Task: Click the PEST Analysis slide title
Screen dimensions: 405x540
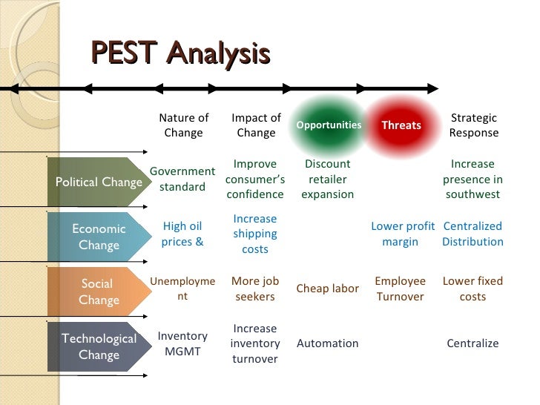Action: pyautogui.click(x=180, y=54)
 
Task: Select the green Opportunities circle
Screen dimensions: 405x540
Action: pyautogui.click(x=329, y=125)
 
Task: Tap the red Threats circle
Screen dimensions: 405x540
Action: pyautogui.click(x=401, y=125)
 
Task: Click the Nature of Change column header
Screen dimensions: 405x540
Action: pyautogui.click(x=183, y=125)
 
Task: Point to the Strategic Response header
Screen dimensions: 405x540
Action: pyautogui.click(x=473, y=125)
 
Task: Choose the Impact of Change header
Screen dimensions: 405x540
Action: pyautogui.click(x=256, y=125)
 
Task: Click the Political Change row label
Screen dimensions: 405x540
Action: pyautogui.click(x=98, y=182)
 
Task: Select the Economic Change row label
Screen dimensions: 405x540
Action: pyautogui.click(x=98, y=237)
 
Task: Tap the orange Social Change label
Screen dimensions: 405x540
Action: pyautogui.click(x=98, y=292)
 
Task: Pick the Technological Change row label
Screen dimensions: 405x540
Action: pyautogui.click(x=98, y=346)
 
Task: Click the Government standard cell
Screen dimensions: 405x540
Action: pyautogui.click(x=182, y=179)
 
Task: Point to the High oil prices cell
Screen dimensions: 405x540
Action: pyautogui.click(x=182, y=234)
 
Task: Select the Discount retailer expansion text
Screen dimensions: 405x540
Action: pyautogui.click(x=327, y=179)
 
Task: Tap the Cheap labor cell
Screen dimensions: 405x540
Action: pyautogui.click(x=327, y=289)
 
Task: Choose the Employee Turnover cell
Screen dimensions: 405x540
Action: pyautogui.click(x=401, y=289)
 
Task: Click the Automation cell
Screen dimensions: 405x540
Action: pyautogui.click(x=327, y=343)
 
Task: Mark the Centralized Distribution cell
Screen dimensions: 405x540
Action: pyautogui.click(x=472, y=234)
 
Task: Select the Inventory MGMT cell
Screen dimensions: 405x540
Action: pyautogui.click(x=182, y=343)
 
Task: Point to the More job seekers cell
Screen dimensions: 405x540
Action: pyautogui.click(x=255, y=289)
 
